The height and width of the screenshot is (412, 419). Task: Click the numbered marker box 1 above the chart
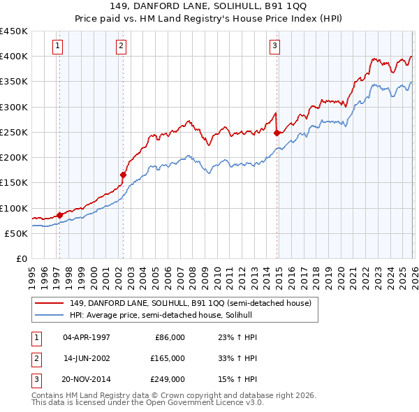57,47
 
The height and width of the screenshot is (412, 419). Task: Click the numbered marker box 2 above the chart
122,47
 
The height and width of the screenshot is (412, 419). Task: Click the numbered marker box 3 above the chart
275,47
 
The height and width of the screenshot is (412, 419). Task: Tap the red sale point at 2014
277,132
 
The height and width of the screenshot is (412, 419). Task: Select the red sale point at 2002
124,175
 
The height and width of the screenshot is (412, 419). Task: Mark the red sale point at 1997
59,214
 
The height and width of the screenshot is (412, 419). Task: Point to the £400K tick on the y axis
14,57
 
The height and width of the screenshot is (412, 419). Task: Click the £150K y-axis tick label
14,183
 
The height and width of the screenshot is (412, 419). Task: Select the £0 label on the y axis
21,259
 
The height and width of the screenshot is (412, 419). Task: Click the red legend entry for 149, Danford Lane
194,302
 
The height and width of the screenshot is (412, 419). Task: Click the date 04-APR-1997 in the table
87,337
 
